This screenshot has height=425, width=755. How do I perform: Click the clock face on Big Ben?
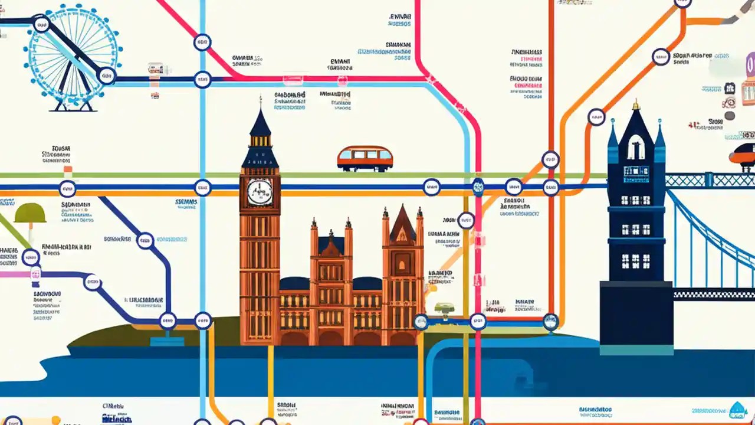[x=260, y=191]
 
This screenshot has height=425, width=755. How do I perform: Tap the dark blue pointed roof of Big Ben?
[x=260, y=124]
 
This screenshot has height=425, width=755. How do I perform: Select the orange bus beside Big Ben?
[x=365, y=158]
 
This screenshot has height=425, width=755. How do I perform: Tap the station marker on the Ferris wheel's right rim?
[x=106, y=75]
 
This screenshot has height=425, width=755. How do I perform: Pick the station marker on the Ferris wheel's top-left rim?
[x=41, y=24]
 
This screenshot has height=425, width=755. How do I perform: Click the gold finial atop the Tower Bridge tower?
[x=636, y=106]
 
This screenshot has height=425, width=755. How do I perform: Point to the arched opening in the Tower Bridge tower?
[x=636, y=148]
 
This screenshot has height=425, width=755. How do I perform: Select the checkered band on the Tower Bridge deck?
[x=714, y=294]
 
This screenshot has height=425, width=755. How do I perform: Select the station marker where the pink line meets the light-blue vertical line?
[x=202, y=79]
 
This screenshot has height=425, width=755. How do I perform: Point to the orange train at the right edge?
[x=743, y=155]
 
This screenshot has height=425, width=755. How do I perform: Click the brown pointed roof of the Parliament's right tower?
[x=403, y=224]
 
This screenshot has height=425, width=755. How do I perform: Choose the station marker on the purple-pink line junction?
[x=35, y=273]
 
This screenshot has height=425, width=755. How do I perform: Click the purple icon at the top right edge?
[x=750, y=65]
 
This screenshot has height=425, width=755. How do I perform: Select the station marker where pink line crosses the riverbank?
[x=478, y=322]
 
